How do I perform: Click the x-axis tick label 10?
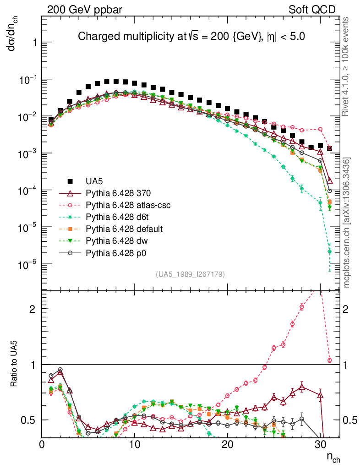[x=135, y=445]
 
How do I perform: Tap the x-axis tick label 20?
[x=227, y=445]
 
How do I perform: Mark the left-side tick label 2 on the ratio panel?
[x=32, y=309]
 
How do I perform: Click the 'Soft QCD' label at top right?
[x=312, y=10]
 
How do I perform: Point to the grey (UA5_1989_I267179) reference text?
[x=190, y=274]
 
